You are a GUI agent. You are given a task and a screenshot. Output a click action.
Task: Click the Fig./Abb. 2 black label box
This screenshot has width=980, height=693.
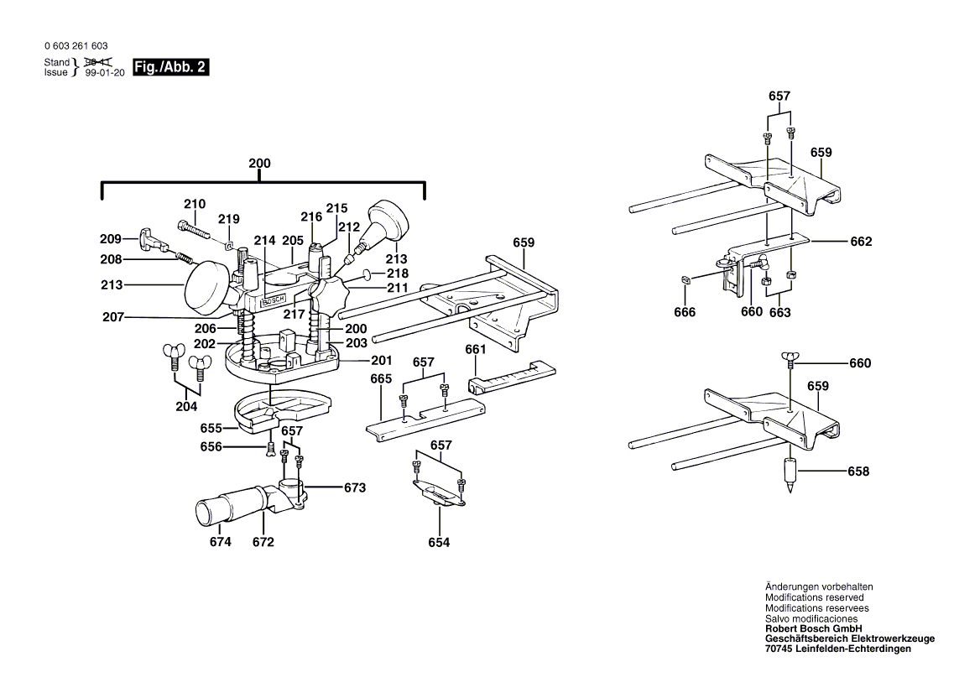click(x=170, y=67)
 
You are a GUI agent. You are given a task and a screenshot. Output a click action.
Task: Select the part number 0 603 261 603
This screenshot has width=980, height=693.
click(x=75, y=46)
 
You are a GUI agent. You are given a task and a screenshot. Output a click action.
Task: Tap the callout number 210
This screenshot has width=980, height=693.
click(x=195, y=204)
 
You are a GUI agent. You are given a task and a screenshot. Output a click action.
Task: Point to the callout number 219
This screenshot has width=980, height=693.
click(x=229, y=219)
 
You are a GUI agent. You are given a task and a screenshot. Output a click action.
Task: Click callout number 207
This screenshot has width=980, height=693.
click(x=113, y=317)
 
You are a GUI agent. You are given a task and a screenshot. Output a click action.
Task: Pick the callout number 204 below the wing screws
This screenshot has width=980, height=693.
click(x=186, y=406)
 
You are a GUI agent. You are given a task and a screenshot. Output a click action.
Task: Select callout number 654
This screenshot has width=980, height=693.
click(x=439, y=543)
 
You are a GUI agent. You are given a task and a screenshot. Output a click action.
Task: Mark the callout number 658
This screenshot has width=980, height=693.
click(x=858, y=472)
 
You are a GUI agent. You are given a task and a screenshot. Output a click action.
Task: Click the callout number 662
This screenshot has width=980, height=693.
click(x=861, y=242)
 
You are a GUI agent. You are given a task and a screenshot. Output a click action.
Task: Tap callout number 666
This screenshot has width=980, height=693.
click(x=685, y=312)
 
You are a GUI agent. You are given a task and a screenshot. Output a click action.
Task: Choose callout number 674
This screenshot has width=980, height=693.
click(x=220, y=542)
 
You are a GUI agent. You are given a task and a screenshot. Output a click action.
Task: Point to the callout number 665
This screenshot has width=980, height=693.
click(x=381, y=379)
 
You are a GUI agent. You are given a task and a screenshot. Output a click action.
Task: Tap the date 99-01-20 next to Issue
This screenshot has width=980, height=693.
click(x=105, y=73)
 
